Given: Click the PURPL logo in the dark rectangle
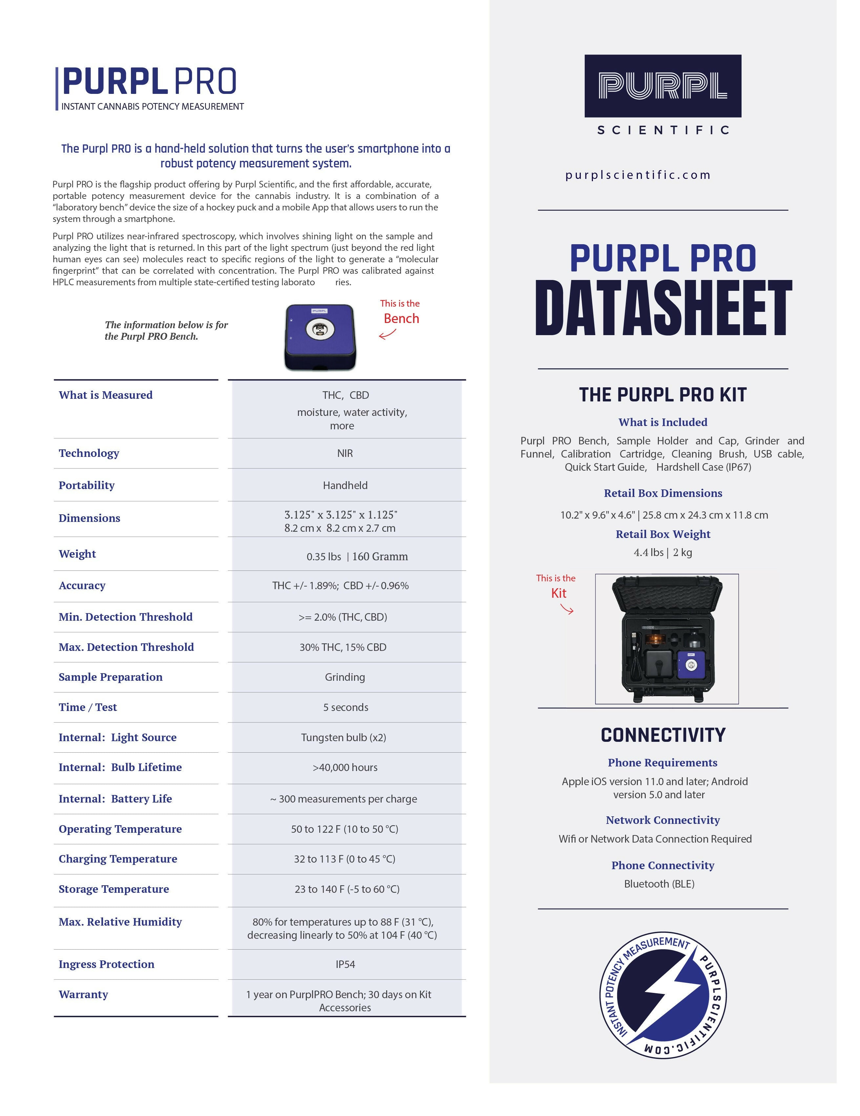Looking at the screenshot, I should pyautogui.click(x=662, y=86).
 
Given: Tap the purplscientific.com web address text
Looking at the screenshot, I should pyautogui.click(x=638, y=175).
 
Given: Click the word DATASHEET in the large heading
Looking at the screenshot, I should pyautogui.click(x=663, y=308).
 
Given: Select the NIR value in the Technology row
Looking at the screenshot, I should pyautogui.click(x=345, y=453).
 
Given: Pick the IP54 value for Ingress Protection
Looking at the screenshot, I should pyautogui.click(x=345, y=964).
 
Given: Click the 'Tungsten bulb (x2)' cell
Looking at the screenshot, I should pyautogui.click(x=344, y=737).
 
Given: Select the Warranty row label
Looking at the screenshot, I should pyautogui.click(x=83, y=994).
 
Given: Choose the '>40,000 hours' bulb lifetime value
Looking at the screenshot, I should pyautogui.click(x=345, y=767).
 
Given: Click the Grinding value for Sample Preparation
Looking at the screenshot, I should pyautogui.click(x=345, y=677).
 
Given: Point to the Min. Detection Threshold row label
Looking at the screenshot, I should pyautogui.click(x=126, y=617).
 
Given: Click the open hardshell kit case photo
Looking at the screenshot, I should pyautogui.click(x=666, y=639).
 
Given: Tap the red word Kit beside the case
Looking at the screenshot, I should pyautogui.click(x=559, y=593).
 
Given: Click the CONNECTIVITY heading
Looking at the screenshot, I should pyautogui.click(x=663, y=735).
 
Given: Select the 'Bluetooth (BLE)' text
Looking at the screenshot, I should pyautogui.click(x=659, y=884).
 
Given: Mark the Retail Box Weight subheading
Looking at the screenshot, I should pyautogui.click(x=663, y=534).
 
